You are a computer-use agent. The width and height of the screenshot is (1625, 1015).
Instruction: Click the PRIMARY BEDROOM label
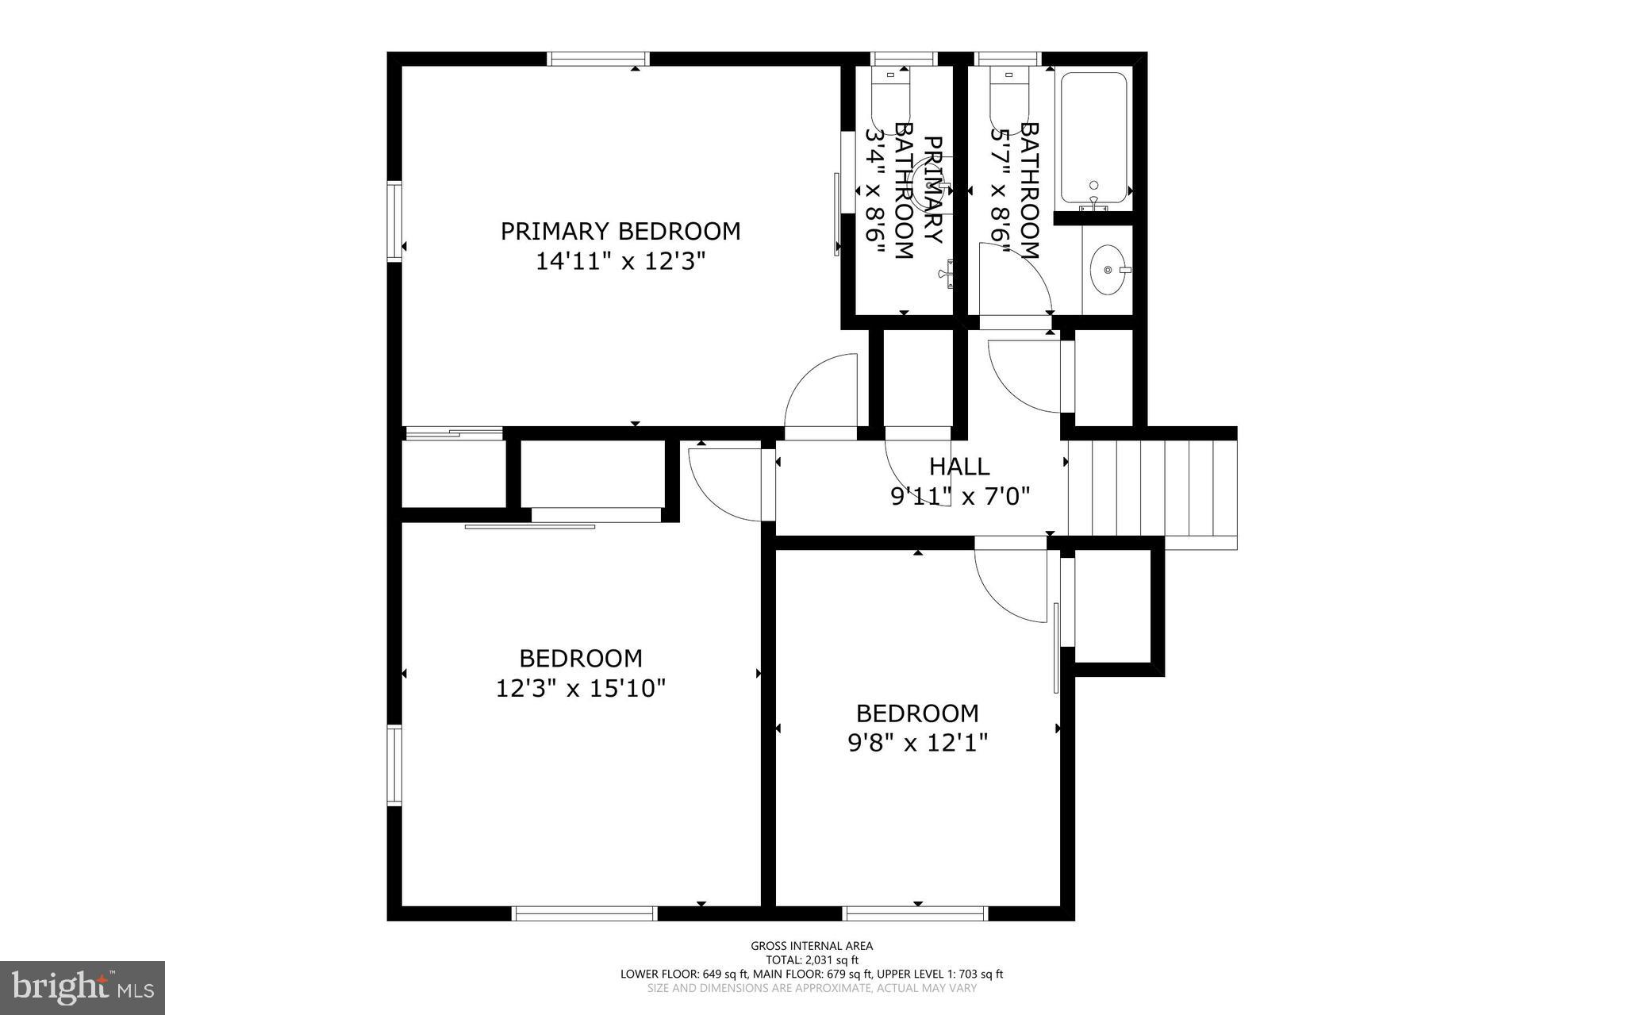point(620,231)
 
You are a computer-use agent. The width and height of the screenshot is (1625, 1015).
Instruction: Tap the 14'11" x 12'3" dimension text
point(620,261)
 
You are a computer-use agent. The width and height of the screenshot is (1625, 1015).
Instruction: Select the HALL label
point(959,466)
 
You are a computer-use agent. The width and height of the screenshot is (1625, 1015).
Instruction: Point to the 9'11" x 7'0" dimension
point(959,497)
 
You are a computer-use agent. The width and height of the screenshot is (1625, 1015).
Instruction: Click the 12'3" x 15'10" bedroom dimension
point(580,688)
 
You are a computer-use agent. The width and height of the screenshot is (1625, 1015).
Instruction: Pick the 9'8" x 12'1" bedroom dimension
point(917,743)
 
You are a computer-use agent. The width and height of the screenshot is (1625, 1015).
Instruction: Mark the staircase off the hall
point(1151,488)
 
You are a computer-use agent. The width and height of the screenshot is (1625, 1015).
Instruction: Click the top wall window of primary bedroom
point(598,59)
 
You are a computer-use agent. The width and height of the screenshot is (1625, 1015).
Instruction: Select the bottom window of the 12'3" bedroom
point(585,913)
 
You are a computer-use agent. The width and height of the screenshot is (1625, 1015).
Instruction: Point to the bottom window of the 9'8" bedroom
point(915,913)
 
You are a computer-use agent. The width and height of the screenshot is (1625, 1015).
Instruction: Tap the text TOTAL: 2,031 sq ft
point(812,959)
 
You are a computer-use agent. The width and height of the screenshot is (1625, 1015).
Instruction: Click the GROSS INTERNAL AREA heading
point(812,945)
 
